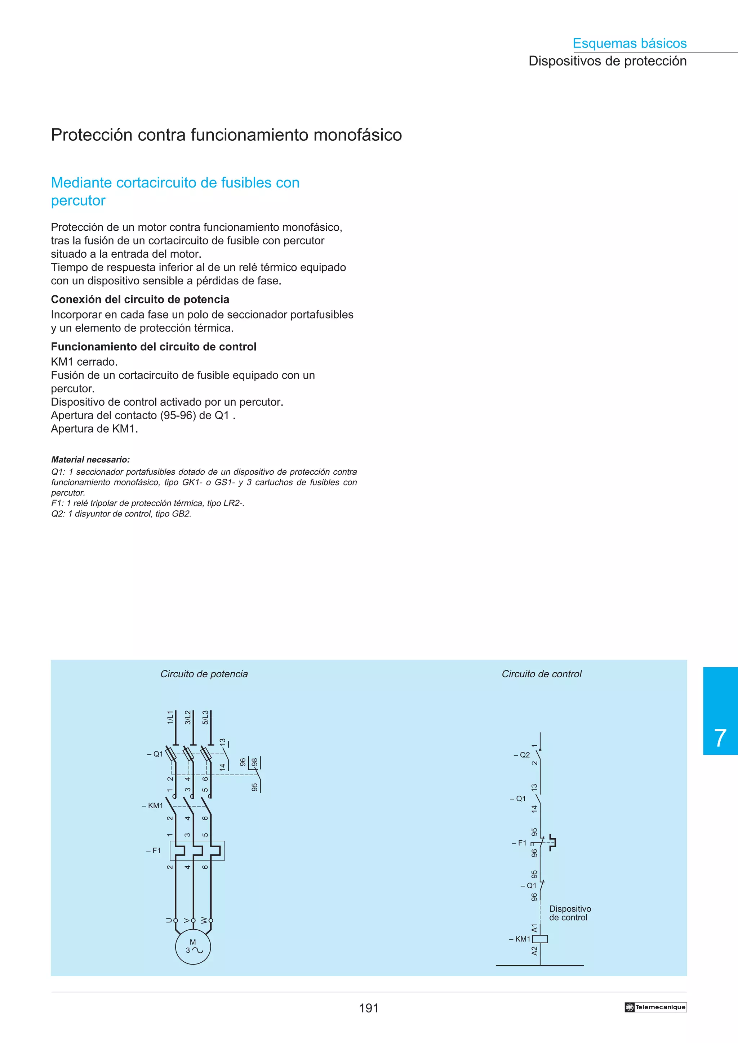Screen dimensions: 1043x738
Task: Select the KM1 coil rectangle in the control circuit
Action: click(540, 939)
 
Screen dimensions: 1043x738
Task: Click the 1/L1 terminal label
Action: click(170, 717)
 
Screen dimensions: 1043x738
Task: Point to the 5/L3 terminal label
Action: click(205, 717)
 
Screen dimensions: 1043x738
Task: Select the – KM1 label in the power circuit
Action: click(152, 805)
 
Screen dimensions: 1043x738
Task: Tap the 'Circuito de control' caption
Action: click(541, 674)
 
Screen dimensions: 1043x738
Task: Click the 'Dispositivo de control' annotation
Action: click(570, 913)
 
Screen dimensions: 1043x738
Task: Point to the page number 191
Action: click(368, 1008)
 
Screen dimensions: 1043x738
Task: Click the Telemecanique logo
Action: click(655, 1007)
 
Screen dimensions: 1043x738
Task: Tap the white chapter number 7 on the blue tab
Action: click(720, 739)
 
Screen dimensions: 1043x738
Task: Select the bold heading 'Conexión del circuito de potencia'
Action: click(140, 299)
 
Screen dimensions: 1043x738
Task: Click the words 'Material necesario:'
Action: click(90, 460)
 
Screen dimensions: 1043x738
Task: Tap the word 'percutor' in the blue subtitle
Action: click(78, 200)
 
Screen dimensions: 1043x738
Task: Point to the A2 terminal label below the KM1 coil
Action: click(534, 951)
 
